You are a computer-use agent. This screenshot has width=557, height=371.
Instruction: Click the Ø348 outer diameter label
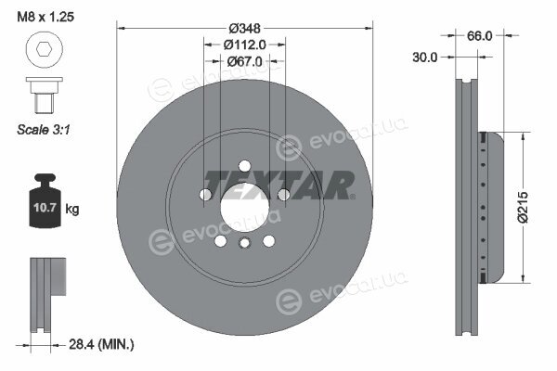point(245,28)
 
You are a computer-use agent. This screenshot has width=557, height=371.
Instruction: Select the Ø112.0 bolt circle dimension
point(245,45)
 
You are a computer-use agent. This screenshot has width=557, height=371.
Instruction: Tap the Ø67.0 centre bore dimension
point(245,61)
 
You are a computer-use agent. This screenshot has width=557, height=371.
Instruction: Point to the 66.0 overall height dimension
point(479,36)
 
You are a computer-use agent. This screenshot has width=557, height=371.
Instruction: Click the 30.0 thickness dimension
point(425,58)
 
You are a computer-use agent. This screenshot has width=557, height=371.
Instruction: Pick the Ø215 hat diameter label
point(523,208)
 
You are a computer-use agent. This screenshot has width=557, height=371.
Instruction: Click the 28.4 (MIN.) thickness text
point(101,344)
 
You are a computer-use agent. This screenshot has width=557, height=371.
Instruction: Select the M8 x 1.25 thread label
point(45,17)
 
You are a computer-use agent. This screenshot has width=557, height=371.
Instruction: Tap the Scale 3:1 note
point(44,130)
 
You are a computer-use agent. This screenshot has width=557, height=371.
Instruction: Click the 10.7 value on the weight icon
point(45,208)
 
